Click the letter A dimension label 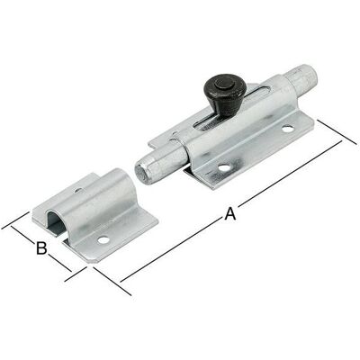230,214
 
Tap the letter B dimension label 41,248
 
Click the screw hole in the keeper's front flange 103,240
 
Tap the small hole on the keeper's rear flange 78,190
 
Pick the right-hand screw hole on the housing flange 288,129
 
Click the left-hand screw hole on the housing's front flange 224,167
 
